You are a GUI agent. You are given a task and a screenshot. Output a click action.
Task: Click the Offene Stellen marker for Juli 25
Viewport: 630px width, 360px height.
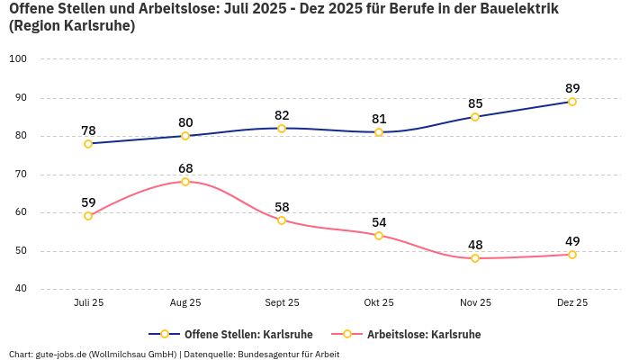pyautogui.click(x=88, y=144)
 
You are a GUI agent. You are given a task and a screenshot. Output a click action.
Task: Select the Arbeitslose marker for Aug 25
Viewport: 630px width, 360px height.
pyautogui.click(x=185, y=182)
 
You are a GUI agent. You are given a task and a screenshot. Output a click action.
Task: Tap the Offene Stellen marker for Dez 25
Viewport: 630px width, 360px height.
pyautogui.click(x=572, y=102)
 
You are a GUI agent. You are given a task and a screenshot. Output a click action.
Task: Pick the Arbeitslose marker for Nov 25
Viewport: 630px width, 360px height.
pyautogui.click(x=475, y=258)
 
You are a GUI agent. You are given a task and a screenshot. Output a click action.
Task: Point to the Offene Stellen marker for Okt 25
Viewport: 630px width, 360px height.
pyautogui.click(x=379, y=132)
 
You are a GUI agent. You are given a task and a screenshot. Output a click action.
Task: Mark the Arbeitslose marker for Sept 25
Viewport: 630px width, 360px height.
pyautogui.click(x=282, y=220)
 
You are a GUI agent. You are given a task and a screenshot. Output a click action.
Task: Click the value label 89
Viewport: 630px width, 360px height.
pyautogui.click(x=572, y=88)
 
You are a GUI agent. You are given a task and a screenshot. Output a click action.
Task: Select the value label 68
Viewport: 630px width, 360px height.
pyautogui.click(x=185, y=168)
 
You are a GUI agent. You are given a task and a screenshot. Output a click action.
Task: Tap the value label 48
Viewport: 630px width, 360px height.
pyautogui.click(x=475, y=245)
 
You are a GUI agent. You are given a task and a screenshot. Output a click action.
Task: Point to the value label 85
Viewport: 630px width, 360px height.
pyautogui.click(x=475, y=103)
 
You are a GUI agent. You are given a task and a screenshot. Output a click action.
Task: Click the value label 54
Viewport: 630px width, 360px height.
pyautogui.click(x=379, y=222)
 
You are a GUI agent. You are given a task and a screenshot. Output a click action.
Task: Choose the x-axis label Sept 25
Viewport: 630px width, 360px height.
pyautogui.click(x=282, y=303)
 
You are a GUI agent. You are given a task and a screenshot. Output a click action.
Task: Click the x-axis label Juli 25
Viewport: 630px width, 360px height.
pyautogui.click(x=88, y=303)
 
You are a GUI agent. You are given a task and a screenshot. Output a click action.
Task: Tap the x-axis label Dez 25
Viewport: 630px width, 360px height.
pyautogui.click(x=572, y=303)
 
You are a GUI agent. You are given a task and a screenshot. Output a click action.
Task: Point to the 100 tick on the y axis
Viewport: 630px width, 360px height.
pyautogui.click(x=18, y=59)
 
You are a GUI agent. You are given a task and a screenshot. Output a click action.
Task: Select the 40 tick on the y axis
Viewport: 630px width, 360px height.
pyautogui.click(x=20, y=290)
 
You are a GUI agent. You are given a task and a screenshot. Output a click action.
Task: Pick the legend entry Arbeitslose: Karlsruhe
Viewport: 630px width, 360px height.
pyautogui.click(x=423, y=335)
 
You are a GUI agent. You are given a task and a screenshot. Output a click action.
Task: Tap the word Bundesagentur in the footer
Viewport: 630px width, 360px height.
pyautogui.click(x=270, y=354)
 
